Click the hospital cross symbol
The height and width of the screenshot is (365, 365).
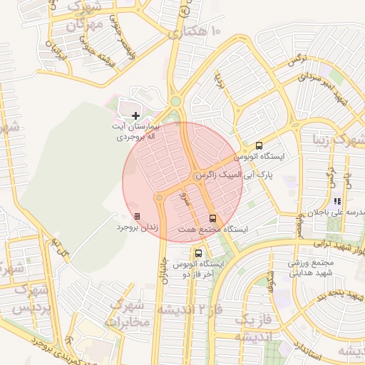[x=136, y=115]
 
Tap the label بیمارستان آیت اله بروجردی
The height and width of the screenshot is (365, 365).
[x=137, y=130]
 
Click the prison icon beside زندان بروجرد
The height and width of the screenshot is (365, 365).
[x=137, y=216]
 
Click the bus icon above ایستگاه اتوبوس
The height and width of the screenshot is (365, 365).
[x=258, y=145]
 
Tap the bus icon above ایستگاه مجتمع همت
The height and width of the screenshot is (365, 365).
[x=212, y=218]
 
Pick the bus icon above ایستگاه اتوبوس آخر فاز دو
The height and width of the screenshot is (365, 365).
[x=198, y=252]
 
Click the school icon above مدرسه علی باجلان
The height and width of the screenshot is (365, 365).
[x=336, y=202]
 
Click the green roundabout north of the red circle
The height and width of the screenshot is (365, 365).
[x=175, y=102]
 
